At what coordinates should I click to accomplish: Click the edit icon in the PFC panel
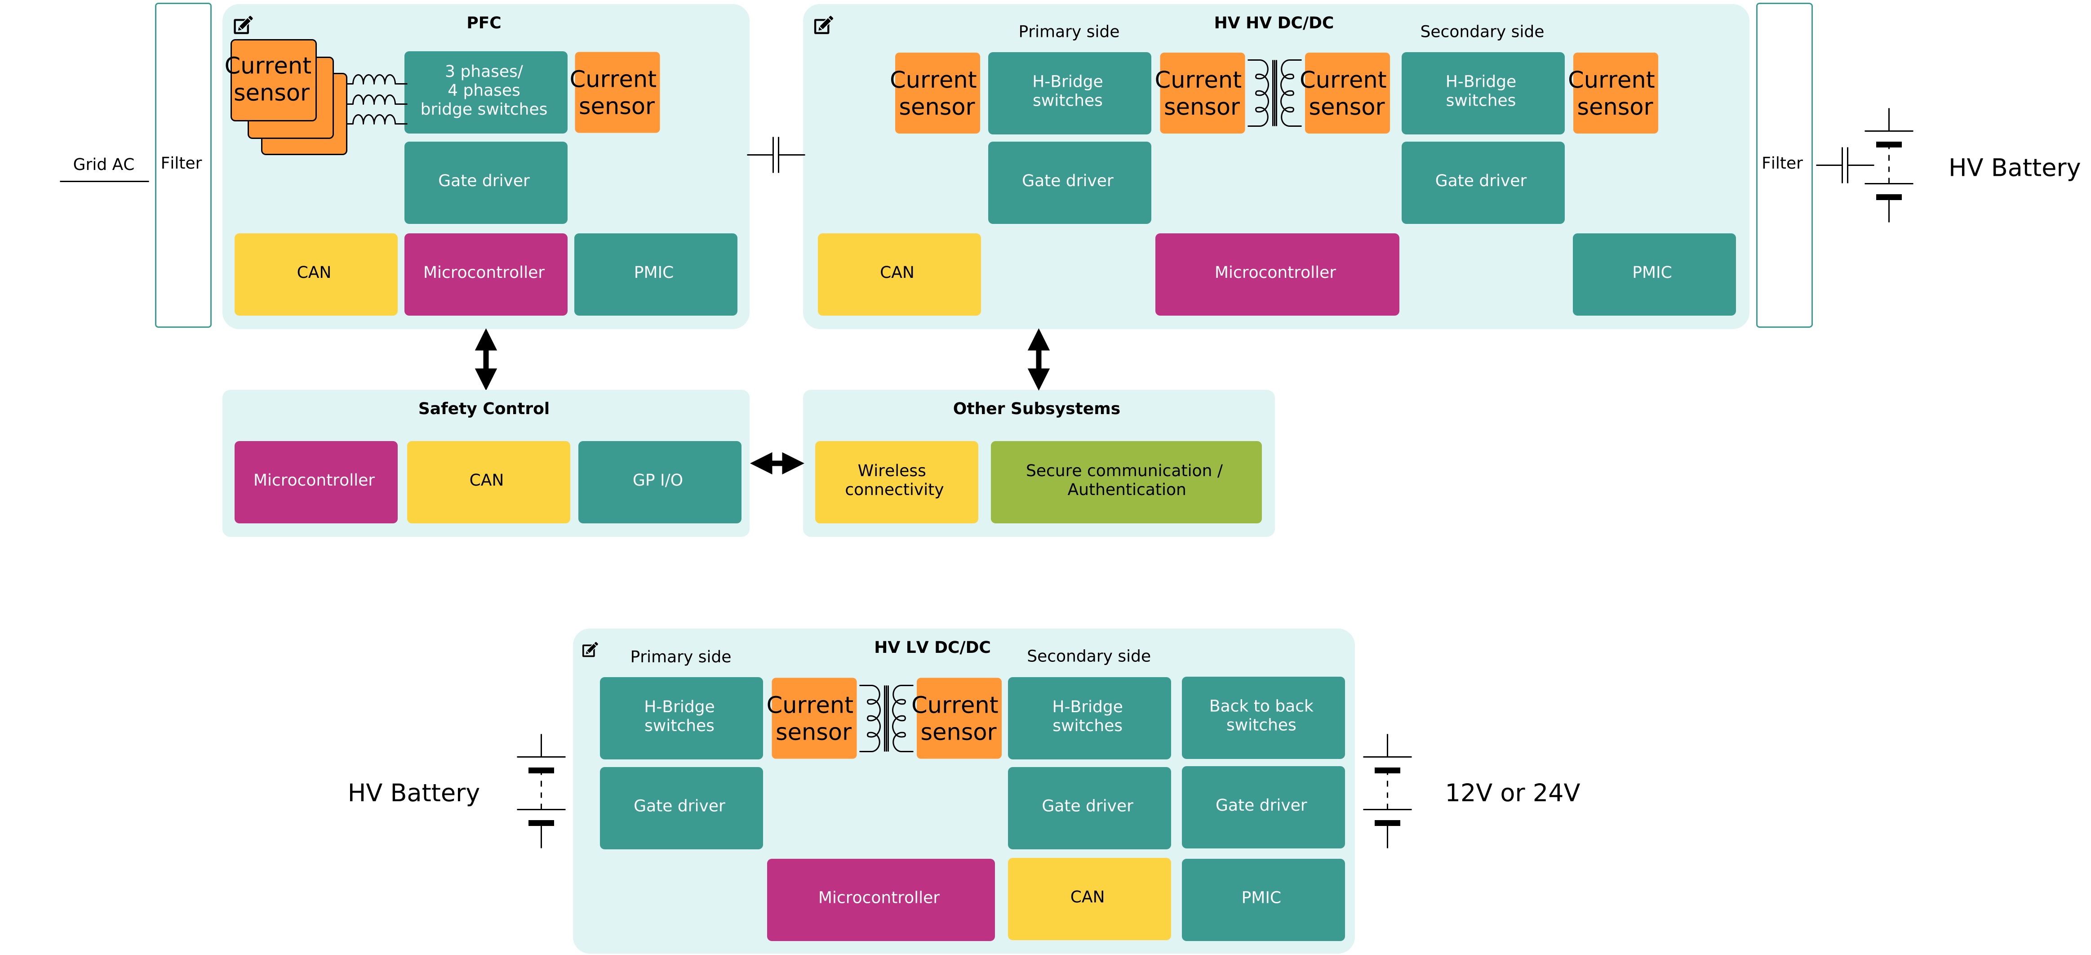point(243,25)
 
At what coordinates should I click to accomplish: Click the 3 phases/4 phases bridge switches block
point(484,91)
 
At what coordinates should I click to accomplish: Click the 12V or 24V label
point(1511,793)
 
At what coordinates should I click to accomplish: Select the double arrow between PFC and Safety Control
point(485,359)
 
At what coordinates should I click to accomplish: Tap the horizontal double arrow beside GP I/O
point(777,464)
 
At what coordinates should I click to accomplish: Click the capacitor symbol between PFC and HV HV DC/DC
point(776,154)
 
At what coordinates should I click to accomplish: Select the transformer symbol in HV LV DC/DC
point(886,718)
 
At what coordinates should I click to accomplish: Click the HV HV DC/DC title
point(1273,23)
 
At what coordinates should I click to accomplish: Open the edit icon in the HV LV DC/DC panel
point(590,650)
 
